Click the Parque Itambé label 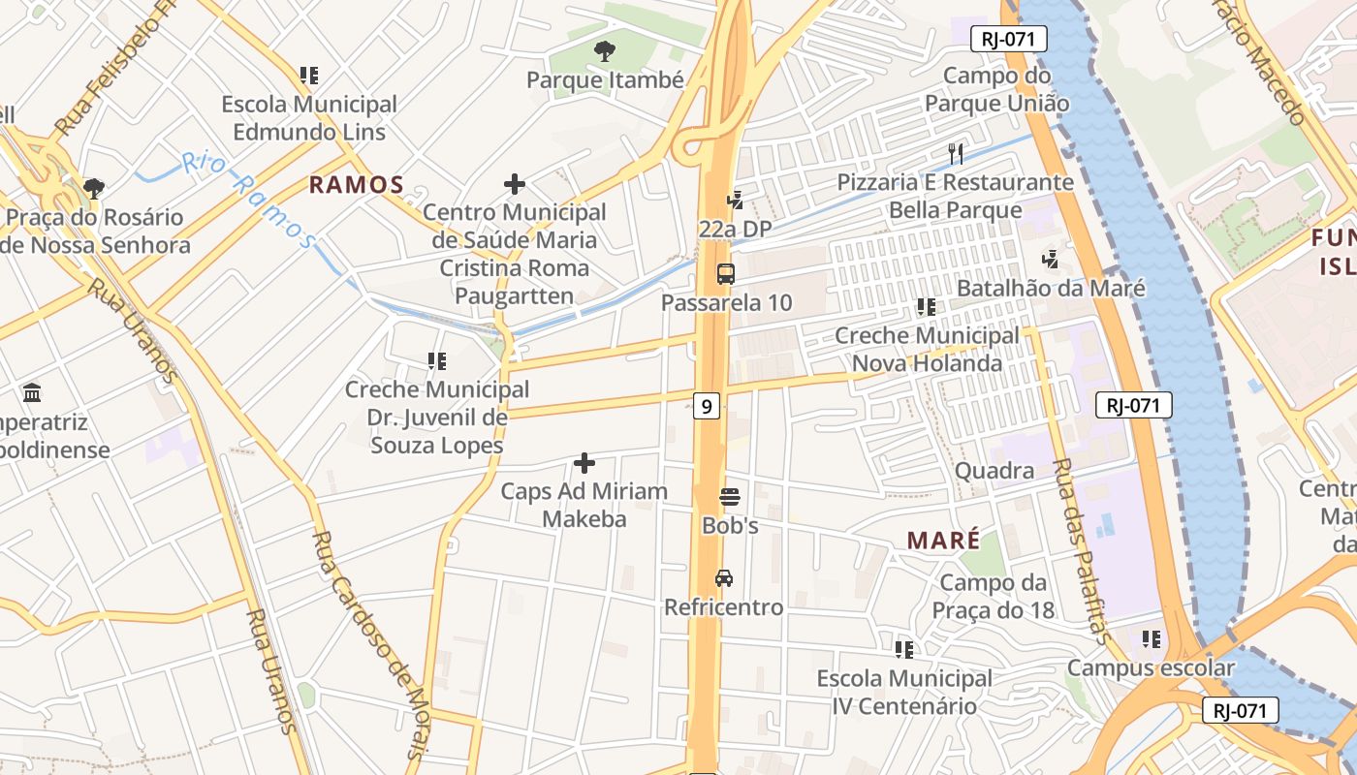(605, 79)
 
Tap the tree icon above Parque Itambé (604, 50)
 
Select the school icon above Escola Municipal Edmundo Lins (309, 75)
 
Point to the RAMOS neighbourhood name (356, 184)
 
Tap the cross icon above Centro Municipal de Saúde (515, 184)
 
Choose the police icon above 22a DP (735, 201)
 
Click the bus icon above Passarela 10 (726, 273)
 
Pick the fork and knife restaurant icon (956, 153)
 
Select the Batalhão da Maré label (1051, 288)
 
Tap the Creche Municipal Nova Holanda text (927, 350)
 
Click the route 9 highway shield (707, 406)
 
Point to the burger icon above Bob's (730, 498)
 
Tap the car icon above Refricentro (723, 578)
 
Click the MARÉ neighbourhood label (943, 541)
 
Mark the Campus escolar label (1151, 667)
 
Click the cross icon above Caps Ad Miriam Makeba (584, 463)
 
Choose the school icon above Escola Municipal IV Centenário (904, 649)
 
